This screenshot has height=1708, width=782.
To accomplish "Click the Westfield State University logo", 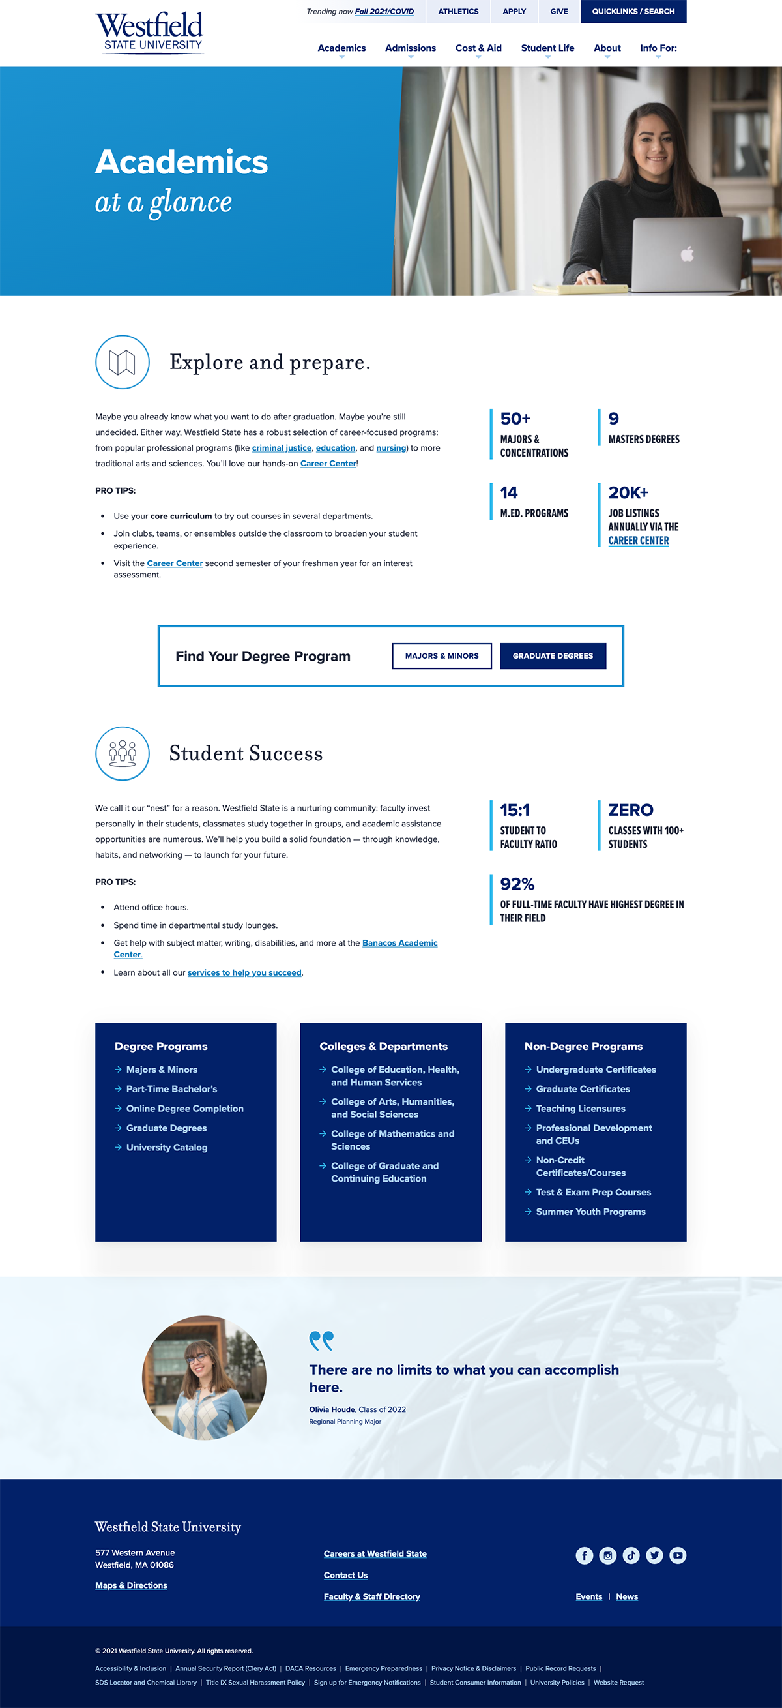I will [x=149, y=31].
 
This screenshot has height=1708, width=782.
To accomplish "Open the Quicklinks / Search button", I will [x=633, y=12].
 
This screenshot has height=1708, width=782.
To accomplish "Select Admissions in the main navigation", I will [x=410, y=48].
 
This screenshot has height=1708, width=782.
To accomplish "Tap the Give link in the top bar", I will [x=558, y=12].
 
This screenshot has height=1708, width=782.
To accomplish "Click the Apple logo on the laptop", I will [x=688, y=253].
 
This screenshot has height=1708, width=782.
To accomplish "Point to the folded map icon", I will [x=122, y=362].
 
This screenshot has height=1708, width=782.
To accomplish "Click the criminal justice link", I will [x=282, y=448].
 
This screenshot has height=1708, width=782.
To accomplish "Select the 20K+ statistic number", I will [x=628, y=492].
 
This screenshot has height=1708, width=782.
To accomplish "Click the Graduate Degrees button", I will [x=553, y=656].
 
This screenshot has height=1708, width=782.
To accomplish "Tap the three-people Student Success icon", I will [x=122, y=753].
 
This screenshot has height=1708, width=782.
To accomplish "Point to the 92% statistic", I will [x=517, y=884].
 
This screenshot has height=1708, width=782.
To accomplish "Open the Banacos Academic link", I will [x=399, y=943].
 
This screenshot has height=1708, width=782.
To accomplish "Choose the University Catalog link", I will [x=166, y=1148].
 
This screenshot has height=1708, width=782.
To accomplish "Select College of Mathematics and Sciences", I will [x=392, y=1140].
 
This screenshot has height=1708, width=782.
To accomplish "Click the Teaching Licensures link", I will [x=581, y=1109].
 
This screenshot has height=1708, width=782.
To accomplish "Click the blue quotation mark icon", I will [x=321, y=1341].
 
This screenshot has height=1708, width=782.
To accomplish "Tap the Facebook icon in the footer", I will [x=584, y=1555].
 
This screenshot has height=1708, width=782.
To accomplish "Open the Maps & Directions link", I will [x=131, y=1585].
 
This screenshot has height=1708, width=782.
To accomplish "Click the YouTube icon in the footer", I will [x=677, y=1555].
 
